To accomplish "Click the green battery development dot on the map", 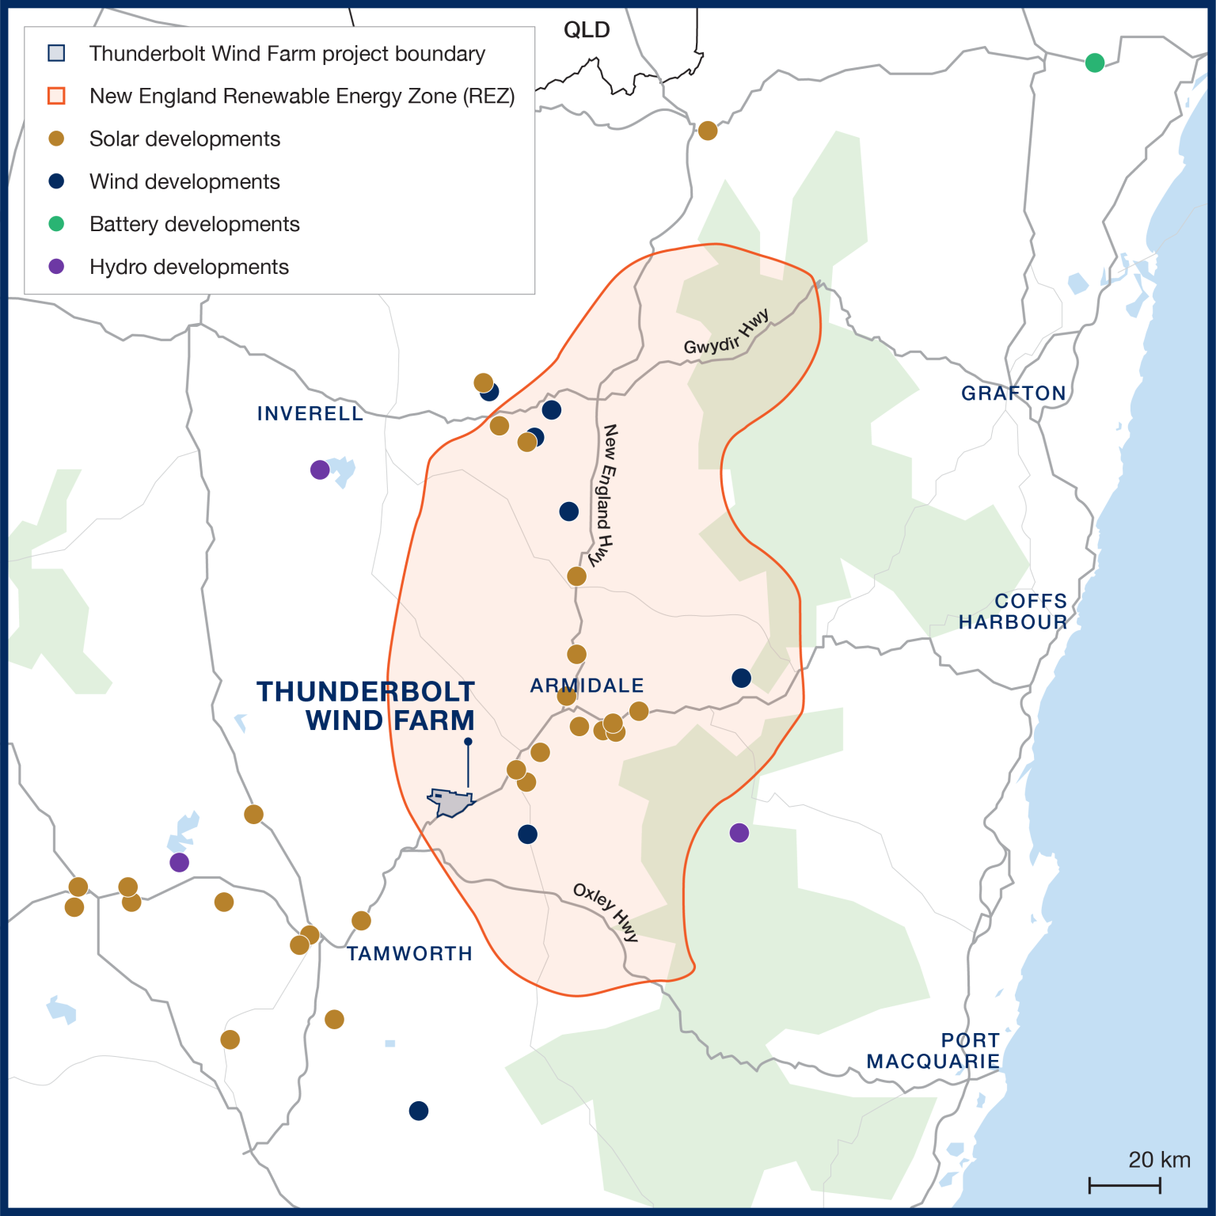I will (1094, 63).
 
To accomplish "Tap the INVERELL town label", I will (310, 413).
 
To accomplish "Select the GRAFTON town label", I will (1013, 393).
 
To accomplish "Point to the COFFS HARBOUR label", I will (1013, 611).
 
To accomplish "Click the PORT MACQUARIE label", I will (934, 1051).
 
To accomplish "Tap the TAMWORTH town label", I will (409, 953).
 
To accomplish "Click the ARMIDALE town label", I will (587, 685).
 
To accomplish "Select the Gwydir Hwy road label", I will (726, 333).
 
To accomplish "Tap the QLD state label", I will (587, 30).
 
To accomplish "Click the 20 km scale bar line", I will (1124, 1185).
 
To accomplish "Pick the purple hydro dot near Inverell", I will (320, 470).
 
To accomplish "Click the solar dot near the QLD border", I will (708, 131).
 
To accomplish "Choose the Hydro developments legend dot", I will (56, 267).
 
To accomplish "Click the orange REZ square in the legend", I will (56, 96).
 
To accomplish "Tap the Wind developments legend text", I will (184, 181).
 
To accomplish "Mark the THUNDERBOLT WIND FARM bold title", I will (366, 705).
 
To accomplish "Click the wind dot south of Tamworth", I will (419, 1111).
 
